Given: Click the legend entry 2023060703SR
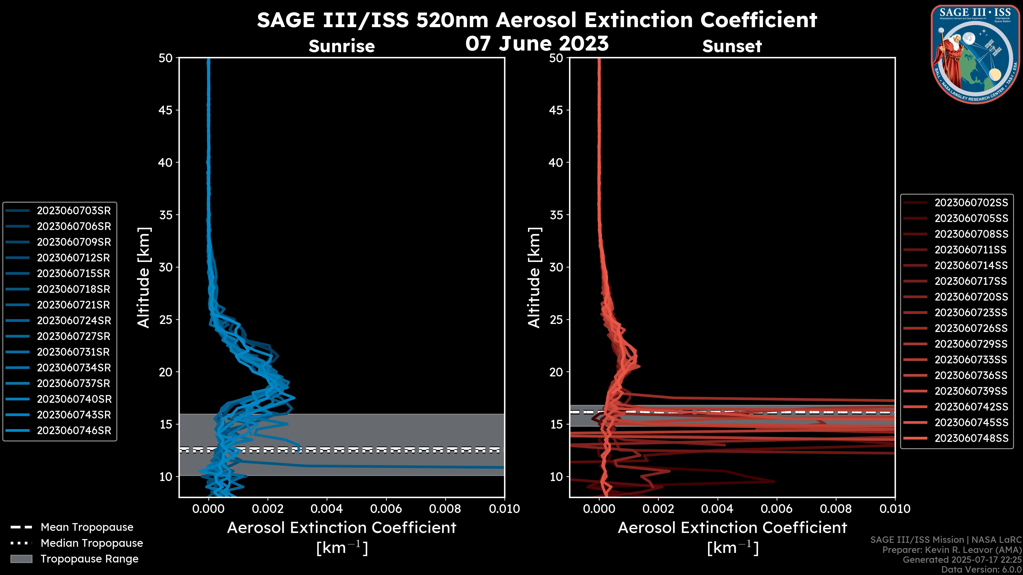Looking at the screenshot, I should pyautogui.click(x=74, y=211).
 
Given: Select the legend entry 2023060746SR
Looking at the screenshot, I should pyautogui.click(x=74, y=430).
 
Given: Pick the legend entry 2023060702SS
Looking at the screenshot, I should pyautogui.click(x=971, y=203).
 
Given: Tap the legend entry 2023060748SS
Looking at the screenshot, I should pyautogui.click(x=971, y=438).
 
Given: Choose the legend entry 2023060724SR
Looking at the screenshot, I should pyautogui.click(x=74, y=321).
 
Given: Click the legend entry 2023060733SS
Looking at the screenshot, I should pyautogui.click(x=971, y=360).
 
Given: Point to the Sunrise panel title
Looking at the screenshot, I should pyautogui.click(x=342, y=46).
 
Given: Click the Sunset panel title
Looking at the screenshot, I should pyautogui.click(x=732, y=46).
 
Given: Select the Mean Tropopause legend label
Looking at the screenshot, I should pyautogui.click(x=87, y=527).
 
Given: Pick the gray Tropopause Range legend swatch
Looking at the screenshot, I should pyautogui.click(x=21, y=559).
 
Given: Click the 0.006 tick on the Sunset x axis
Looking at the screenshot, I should pyautogui.click(x=776, y=509).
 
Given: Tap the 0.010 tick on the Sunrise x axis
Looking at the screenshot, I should pyautogui.click(x=504, y=509).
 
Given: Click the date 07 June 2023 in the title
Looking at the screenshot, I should pyautogui.click(x=537, y=43).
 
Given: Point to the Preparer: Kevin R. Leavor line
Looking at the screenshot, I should pyautogui.click(x=952, y=550).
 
